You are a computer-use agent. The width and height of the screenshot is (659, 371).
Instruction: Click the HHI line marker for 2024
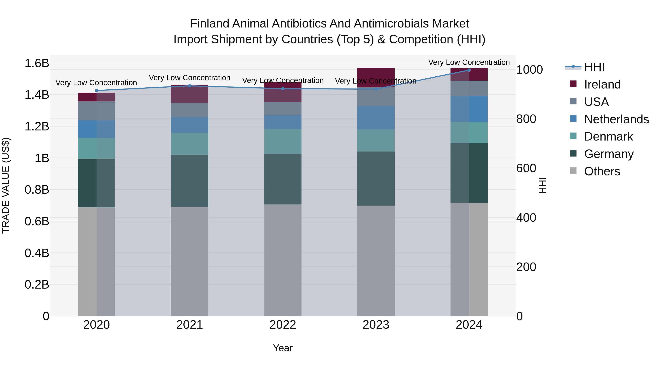pos(469,70)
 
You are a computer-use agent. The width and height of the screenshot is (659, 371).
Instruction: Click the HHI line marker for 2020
pos(96,91)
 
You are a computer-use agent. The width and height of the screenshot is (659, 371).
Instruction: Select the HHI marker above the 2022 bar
pos(283,89)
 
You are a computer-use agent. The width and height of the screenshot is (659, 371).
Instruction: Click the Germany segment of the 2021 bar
pos(190,181)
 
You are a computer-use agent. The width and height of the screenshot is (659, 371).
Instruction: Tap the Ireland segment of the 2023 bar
pos(376,77)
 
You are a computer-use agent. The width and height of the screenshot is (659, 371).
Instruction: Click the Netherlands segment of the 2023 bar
pos(376,118)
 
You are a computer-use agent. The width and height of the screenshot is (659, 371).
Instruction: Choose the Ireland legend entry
pos(602,84)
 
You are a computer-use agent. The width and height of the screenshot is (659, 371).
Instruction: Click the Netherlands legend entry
pos(616,119)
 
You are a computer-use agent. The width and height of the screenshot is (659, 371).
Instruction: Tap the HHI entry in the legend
pos(594,67)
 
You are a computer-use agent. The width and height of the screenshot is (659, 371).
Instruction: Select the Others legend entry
pos(602,171)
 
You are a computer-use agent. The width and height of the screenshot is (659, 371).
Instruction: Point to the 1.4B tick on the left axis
pos(37,95)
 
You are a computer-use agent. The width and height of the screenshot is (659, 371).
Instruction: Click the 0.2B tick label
pos(37,285)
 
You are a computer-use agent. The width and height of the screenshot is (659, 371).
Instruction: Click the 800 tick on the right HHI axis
pos(526,119)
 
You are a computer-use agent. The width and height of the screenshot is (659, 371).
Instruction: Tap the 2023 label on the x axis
pos(376,325)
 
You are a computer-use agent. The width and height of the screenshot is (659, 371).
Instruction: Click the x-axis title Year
pos(283,348)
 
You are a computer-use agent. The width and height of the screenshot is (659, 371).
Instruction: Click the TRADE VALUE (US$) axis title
pos(6,185)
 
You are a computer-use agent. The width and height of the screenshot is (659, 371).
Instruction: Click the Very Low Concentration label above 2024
pos(469,62)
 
